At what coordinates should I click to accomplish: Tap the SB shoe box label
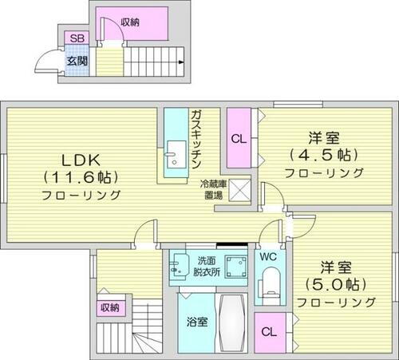(77, 38)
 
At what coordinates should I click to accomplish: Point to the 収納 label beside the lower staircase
(109, 307)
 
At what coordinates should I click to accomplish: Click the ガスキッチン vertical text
(196, 140)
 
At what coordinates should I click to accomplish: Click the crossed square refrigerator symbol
(244, 189)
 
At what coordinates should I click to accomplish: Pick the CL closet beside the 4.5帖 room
(239, 138)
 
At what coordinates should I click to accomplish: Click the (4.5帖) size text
(323, 154)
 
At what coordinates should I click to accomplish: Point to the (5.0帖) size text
(335, 283)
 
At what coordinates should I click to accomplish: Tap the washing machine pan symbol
(235, 266)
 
